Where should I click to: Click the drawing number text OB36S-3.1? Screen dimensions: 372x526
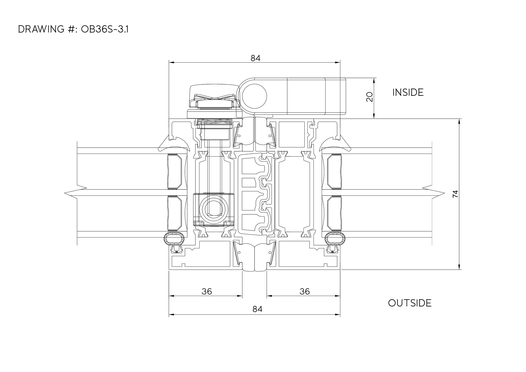tap(105, 29)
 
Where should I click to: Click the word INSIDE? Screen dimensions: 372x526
tap(408, 93)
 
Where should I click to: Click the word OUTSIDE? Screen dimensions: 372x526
tap(410, 303)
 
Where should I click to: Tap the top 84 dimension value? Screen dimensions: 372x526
tap(255, 58)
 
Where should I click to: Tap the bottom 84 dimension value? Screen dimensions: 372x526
tap(257, 309)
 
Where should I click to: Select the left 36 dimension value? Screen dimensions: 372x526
tap(207, 291)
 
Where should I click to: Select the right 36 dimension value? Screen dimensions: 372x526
tap(305, 291)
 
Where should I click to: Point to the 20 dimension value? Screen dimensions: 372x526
tap(370, 97)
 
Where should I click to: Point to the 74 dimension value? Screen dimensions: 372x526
tap(455, 194)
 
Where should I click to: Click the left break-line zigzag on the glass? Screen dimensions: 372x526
tap(76, 193)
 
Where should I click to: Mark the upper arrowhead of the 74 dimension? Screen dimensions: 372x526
tap(459, 121)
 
